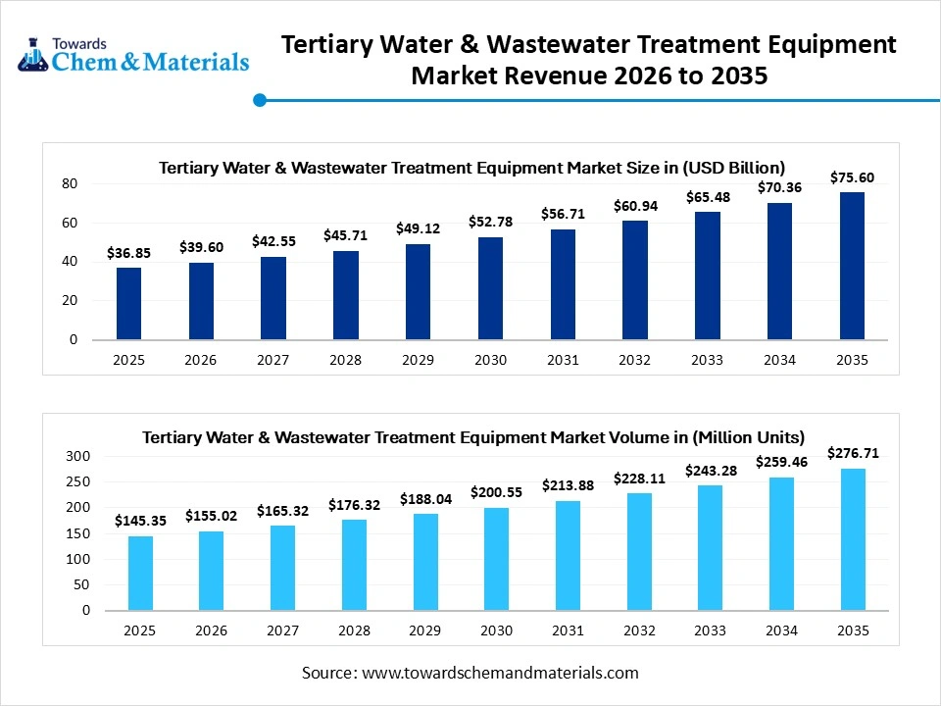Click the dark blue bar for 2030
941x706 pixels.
point(490,288)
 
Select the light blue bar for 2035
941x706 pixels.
point(852,539)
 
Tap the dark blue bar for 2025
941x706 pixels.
point(128,304)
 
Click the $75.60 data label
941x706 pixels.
point(852,177)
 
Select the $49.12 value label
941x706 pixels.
point(418,228)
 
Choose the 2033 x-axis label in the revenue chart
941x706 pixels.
point(707,360)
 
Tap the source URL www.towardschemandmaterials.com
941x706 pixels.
point(500,673)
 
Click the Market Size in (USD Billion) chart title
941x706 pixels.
point(471,168)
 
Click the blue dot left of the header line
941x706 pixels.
point(260,99)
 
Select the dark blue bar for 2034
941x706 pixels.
point(779,272)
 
